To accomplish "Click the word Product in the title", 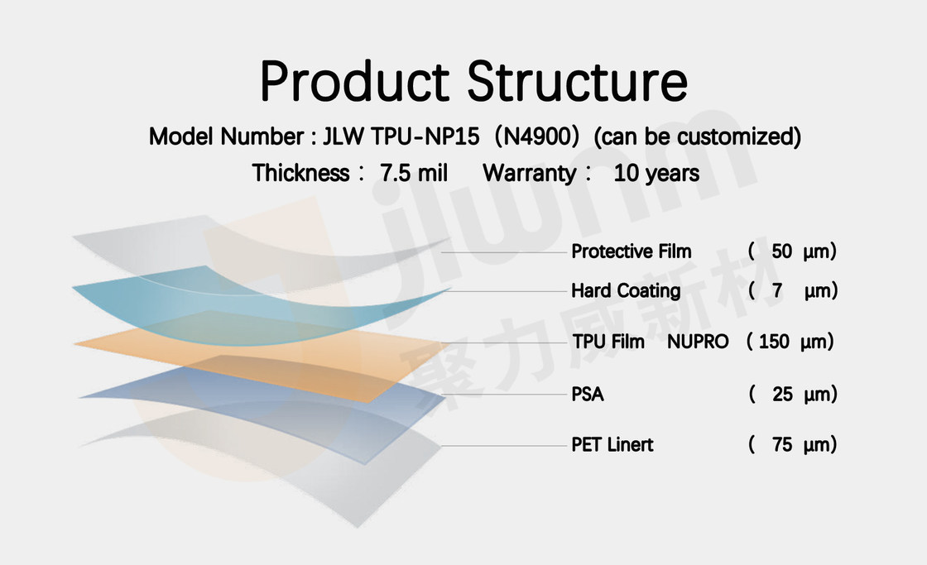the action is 355,81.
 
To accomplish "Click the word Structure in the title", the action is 578,81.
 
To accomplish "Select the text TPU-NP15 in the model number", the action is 425,136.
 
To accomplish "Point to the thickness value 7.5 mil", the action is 414,173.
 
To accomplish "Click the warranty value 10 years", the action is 656,173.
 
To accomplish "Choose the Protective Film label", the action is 632,251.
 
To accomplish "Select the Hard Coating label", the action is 626,291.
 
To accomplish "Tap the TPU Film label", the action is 608,342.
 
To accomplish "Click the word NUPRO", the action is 698,342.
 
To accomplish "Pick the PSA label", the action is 588,395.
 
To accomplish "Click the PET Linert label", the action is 612,444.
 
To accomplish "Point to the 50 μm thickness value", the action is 793,251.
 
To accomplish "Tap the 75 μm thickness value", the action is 793,444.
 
